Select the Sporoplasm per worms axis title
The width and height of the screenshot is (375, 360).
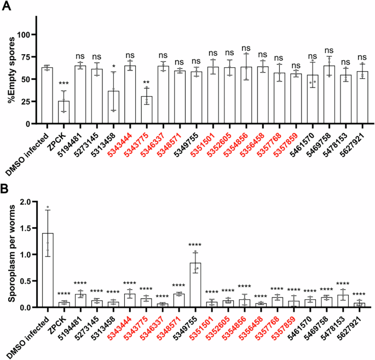(8, 254)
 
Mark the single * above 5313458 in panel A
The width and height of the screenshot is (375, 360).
(113, 65)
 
